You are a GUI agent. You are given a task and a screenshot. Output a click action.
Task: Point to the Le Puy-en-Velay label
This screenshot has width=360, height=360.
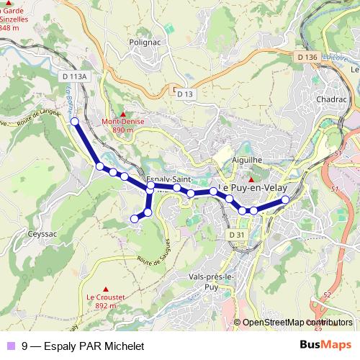point(253,187)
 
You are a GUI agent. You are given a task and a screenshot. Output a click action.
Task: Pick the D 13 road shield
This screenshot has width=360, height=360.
point(184,94)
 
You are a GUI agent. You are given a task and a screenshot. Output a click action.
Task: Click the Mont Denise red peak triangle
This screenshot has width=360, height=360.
point(123,114)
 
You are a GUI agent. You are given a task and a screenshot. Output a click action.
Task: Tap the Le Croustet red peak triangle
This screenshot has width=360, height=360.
point(106,289)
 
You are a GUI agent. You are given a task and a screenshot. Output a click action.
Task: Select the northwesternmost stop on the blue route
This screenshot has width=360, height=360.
point(74,122)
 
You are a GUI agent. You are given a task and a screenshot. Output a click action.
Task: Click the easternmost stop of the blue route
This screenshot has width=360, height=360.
point(285,199)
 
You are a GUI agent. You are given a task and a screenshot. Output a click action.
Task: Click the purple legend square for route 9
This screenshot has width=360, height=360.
point(10,346)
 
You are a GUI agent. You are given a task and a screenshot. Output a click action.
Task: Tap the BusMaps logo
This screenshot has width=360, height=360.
point(325,346)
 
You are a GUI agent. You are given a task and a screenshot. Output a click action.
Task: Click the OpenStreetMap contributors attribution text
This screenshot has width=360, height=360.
point(296,323)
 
